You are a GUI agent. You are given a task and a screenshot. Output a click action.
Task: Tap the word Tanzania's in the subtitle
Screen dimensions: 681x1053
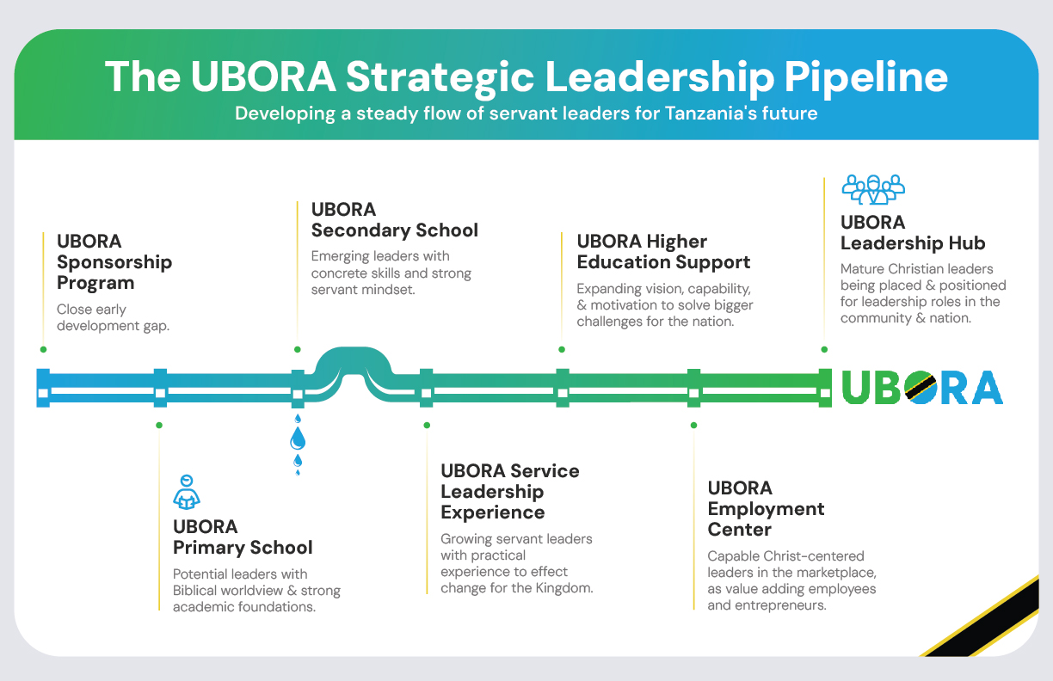click(x=677, y=113)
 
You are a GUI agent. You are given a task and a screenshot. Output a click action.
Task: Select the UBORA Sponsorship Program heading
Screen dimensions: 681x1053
click(x=114, y=261)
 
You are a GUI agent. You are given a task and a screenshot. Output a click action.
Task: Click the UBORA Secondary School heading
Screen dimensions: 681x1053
click(x=394, y=220)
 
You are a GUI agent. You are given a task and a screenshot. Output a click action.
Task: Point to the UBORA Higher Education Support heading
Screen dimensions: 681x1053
click(x=663, y=252)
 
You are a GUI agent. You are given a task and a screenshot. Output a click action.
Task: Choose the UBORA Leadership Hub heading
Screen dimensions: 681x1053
click(x=913, y=232)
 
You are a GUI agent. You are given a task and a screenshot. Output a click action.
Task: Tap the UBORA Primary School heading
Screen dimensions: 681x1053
click(x=243, y=537)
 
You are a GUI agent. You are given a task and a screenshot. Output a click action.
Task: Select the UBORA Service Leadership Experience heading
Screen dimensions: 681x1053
click(x=510, y=491)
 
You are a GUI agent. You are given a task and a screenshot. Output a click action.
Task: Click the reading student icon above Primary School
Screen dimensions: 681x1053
click(x=187, y=492)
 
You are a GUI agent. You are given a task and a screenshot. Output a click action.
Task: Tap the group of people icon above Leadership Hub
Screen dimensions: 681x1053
click(x=873, y=188)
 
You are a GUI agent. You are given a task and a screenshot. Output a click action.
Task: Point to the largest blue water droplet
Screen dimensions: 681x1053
click(x=298, y=440)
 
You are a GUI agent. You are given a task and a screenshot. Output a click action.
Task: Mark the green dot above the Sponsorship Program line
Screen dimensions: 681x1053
click(x=43, y=349)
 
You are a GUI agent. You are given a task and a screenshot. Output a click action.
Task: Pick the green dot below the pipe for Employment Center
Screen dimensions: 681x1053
click(x=693, y=425)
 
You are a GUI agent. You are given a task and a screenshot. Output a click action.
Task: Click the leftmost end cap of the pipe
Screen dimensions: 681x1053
click(x=43, y=387)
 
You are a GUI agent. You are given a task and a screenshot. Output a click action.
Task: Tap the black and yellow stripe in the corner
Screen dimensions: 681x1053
click(x=989, y=619)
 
